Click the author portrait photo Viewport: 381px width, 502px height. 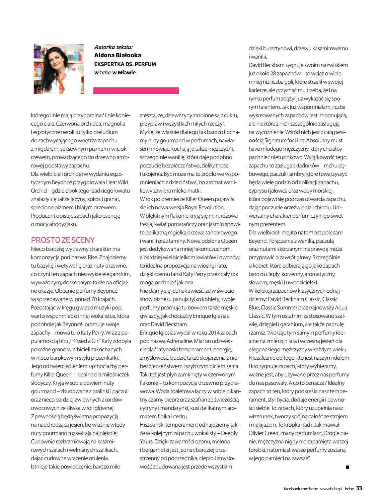pos(58,69)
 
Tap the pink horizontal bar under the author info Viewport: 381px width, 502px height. pos(136,91)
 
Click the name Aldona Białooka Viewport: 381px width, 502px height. pos(118,55)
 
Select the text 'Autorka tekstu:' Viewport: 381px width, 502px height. pos(113,47)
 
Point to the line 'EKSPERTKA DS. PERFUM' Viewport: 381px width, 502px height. pos(125,64)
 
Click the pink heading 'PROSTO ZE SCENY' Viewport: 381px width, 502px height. pos(63,240)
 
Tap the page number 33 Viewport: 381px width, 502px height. pos(359,488)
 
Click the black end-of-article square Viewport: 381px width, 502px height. pos(348,467)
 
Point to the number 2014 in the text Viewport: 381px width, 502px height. pos(214,333)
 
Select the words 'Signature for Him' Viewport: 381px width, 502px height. pos(282,140)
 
